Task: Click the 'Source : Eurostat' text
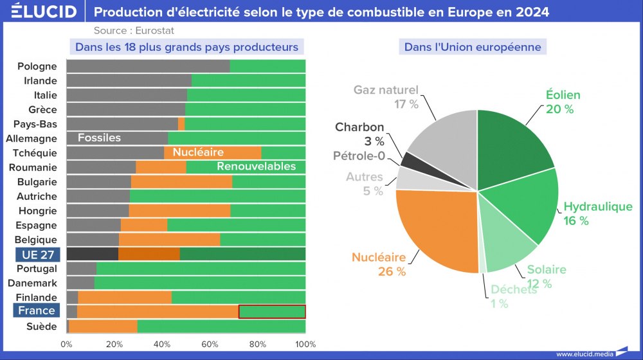[x=134, y=30]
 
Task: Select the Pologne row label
[x=37, y=66]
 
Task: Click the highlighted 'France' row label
[x=36, y=311]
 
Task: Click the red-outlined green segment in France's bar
[x=271, y=312]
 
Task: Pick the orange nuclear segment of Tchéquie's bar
[x=212, y=153]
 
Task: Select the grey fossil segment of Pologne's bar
[x=148, y=66]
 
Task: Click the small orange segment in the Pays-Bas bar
[x=181, y=124]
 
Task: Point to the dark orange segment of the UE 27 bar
[x=149, y=254]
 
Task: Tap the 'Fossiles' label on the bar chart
[x=99, y=138]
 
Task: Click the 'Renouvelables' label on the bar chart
[x=256, y=166]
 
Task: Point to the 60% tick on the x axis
[x=210, y=344]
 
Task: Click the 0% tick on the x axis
[x=67, y=344]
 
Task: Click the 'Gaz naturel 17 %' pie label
[x=386, y=96]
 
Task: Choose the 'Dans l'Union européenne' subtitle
[x=472, y=47]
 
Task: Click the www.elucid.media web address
[x=584, y=354]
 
